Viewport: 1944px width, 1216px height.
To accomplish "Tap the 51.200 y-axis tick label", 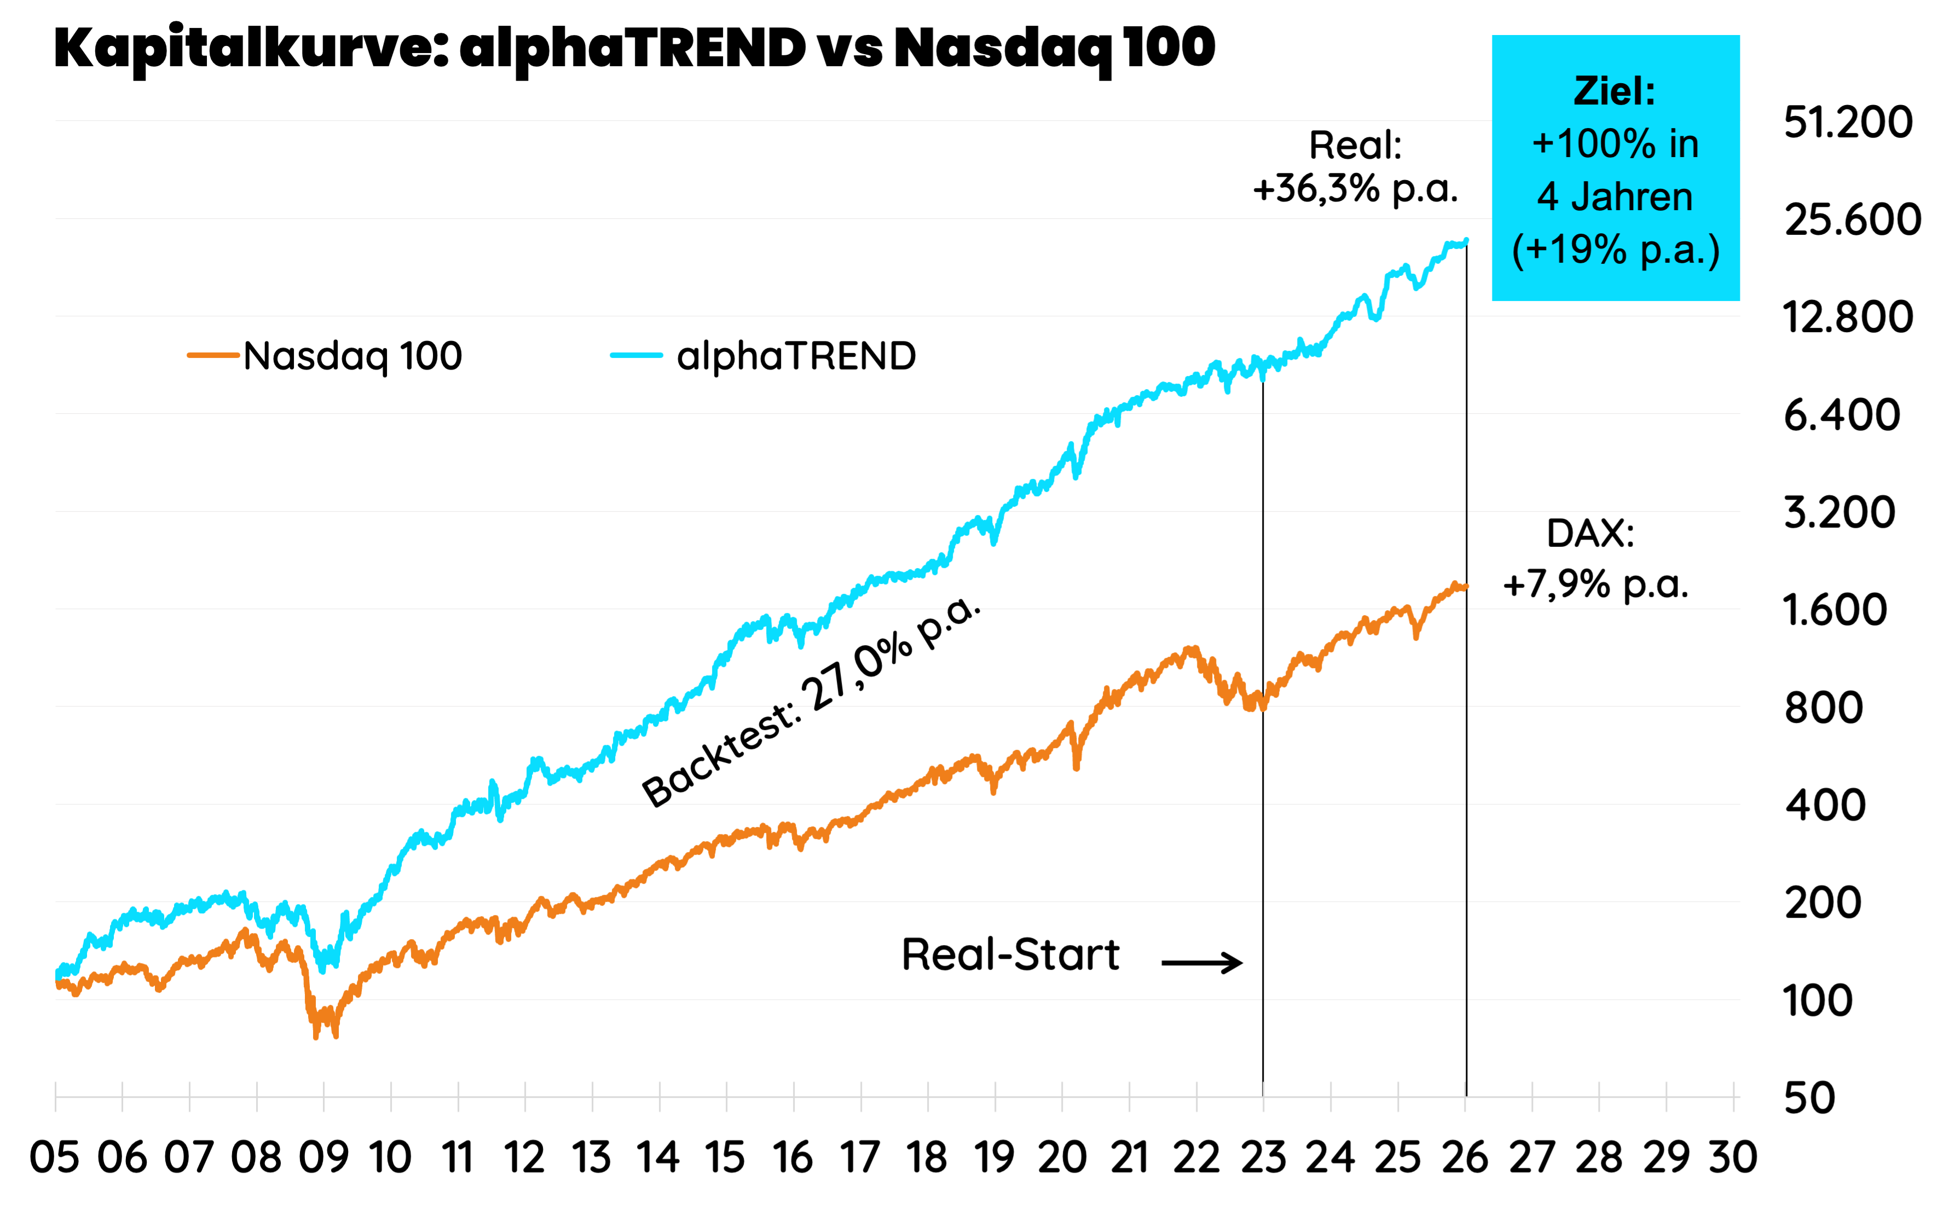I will coord(1848,122).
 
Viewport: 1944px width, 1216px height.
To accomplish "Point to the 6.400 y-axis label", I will coord(1842,415).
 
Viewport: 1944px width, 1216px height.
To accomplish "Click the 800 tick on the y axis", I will coord(1824,708).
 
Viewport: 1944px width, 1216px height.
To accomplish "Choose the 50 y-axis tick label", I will coord(1810,1098).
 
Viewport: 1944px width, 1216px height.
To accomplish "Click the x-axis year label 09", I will coord(323,1158).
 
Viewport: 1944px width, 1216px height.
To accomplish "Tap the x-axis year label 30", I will coord(1733,1158).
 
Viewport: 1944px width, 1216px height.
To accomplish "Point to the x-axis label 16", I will coord(793,1158).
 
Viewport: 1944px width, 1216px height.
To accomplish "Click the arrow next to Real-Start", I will coord(1202,963).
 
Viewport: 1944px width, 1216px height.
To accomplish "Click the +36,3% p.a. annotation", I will coord(1355,189).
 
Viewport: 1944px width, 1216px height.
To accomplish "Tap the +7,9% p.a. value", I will coord(1596,584).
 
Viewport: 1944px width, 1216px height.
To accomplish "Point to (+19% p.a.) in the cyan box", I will coord(1615,250).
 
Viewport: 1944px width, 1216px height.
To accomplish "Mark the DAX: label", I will coord(1590,533).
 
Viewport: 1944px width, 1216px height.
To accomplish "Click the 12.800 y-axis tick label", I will coord(1848,317).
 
